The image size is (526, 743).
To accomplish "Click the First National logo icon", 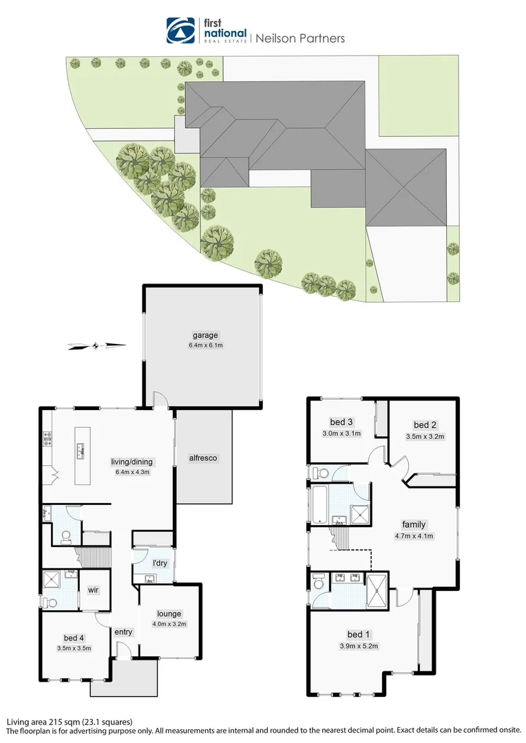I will (181, 31).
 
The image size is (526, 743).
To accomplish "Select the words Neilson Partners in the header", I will (300, 39).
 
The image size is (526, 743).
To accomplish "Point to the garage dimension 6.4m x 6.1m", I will (204, 345).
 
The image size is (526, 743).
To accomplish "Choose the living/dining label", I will (132, 462).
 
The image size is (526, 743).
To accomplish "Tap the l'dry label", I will (160, 563).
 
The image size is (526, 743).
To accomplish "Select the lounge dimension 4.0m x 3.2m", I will (169, 624).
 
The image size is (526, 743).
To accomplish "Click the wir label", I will (95, 590).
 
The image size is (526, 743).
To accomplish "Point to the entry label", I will (123, 632).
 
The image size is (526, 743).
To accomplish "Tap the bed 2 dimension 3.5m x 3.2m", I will (425, 436).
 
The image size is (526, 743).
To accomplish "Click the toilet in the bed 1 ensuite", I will (318, 581).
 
